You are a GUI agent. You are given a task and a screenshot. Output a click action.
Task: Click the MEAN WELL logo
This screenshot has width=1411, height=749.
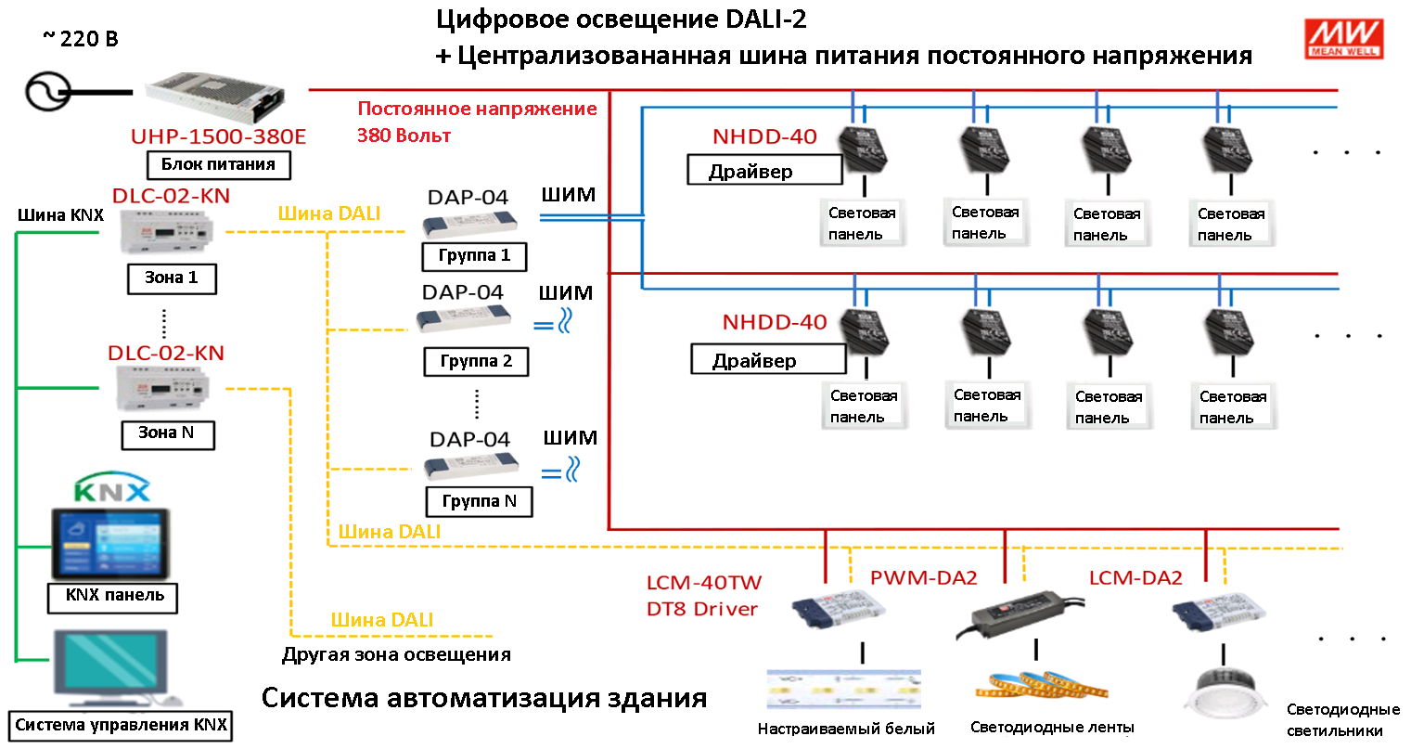click(x=1343, y=39)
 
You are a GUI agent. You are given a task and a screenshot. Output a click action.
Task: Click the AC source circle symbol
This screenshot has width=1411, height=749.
click(x=47, y=92)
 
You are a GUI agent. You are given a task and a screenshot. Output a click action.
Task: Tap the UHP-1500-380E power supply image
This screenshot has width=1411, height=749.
click(x=215, y=97)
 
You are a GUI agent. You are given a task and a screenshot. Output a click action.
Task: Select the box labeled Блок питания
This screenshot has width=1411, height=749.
click(x=219, y=165)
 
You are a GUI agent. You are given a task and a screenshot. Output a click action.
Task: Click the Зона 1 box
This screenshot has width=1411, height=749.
click(x=172, y=278)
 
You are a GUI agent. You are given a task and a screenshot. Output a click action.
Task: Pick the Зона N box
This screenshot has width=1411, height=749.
click(x=168, y=434)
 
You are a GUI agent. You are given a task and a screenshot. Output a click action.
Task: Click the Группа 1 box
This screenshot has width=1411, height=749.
click(x=474, y=256)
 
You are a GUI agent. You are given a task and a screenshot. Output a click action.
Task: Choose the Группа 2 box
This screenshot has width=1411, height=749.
click(x=476, y=362)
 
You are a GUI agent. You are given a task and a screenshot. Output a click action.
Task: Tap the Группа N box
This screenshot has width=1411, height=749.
click(x=479, y=502)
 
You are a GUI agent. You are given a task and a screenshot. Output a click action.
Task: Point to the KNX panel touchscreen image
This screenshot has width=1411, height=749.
click(x=111, y=544)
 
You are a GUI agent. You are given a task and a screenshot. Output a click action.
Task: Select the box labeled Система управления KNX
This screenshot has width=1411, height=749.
click(x=121, y=726)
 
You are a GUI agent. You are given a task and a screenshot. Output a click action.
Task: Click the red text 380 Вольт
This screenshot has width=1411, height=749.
click(x=404, y=136)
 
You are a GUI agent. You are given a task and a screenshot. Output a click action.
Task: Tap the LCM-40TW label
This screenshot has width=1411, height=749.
click(x=704, y=583)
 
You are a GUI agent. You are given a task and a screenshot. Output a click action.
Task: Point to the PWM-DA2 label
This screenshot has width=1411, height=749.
click(x=923, y=578)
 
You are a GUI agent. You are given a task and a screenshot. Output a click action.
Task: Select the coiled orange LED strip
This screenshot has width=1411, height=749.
click(x=1041, y=686)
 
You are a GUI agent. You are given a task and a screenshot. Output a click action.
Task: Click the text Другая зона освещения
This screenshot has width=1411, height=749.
click(x=396, y=655)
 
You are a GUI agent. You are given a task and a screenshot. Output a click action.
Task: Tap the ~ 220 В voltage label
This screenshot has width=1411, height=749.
click(x=81, y=39)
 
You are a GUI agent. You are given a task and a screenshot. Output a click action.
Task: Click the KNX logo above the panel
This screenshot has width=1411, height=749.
click(x=112, y=486)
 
